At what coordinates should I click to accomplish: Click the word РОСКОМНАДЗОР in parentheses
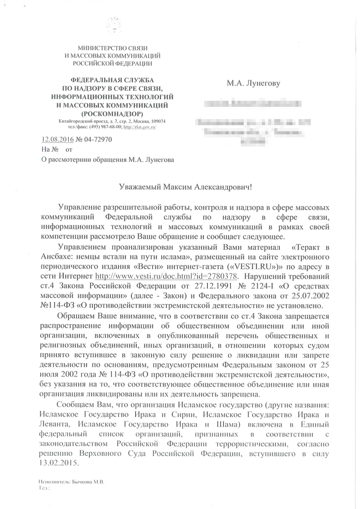[113, 112]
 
